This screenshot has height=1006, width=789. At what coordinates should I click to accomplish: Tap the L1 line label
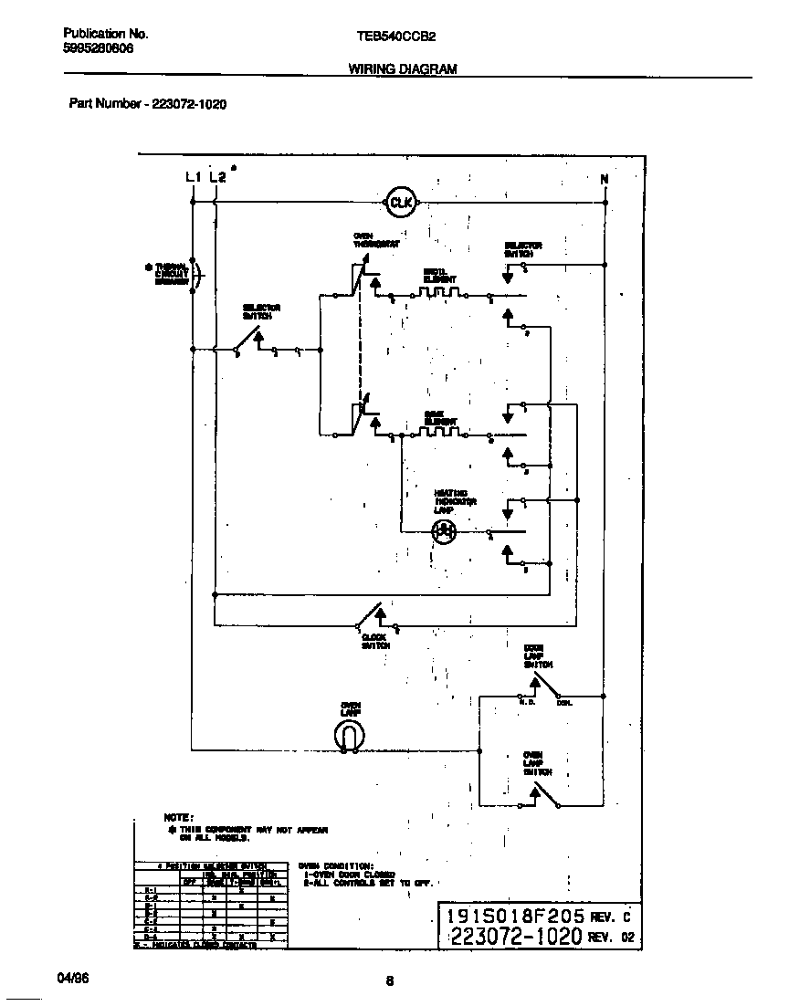point(193,177)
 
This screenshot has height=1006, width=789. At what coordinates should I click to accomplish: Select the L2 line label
point(217,177)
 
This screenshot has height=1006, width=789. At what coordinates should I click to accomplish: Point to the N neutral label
point(604,180)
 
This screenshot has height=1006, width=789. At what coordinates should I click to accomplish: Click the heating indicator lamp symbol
point(443,530)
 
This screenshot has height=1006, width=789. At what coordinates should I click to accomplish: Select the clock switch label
point(375,641)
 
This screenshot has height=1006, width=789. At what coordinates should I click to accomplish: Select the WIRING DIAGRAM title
point(403,68)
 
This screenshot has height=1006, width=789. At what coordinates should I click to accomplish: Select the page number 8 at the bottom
point(389,981)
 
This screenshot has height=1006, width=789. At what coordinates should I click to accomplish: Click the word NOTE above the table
point(178,817)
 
